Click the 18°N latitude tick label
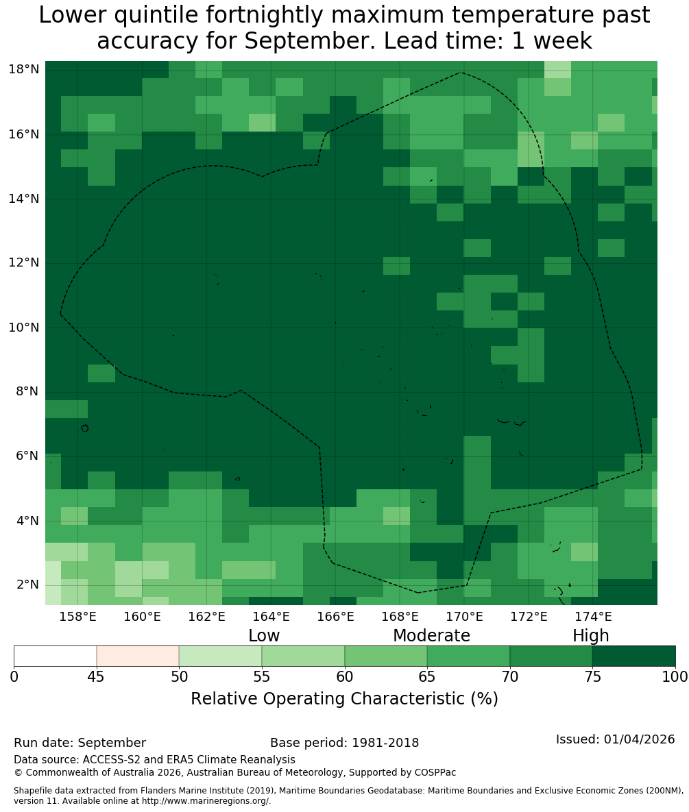(x=24, y=69)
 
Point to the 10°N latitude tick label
(x=24, y=328)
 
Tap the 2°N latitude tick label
(x=27, y=585)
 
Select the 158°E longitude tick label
(x=77, y=617)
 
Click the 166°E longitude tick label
(x=336, y=617)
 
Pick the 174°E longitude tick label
(x=593, y=617)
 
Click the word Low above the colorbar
(x=264, y=635)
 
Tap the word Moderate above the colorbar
(x=431, y=635)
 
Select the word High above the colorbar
(x=590, y=636)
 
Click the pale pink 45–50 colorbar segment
(x=138, y=656)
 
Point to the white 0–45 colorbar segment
(x=56, y=656)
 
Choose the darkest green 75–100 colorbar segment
(x=633, y=656)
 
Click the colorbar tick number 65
(x=427, y=677)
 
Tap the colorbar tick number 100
(x=675, y=677)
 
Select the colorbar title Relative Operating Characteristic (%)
(x=344, y=699)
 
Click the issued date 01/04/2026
(x=639, y=739)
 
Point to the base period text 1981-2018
(x=385, y=743)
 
